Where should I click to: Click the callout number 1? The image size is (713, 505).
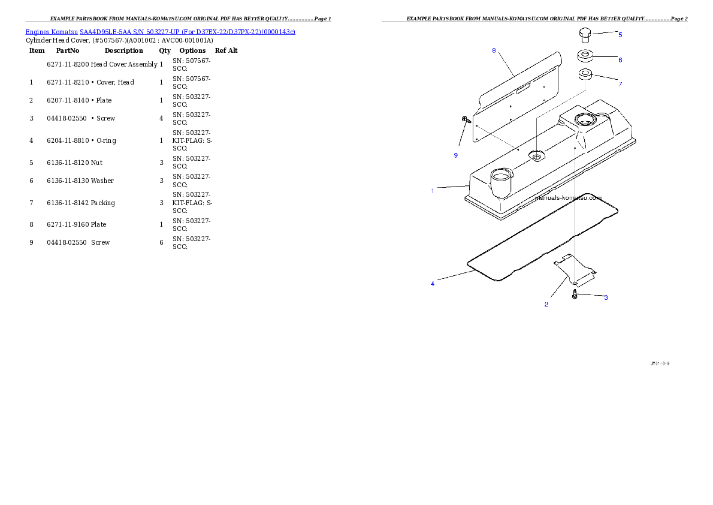point(433,191)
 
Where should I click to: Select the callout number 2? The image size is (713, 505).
point(546,304)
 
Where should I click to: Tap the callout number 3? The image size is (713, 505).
point(606,297)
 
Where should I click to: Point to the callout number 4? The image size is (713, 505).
point(433,284)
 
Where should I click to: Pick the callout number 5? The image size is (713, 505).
point(620,35)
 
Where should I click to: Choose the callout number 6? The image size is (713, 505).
point(620,60)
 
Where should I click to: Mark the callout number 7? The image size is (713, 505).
point(620,84)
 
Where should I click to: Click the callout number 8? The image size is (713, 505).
point(494,50)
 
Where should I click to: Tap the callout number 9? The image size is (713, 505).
point(455,155)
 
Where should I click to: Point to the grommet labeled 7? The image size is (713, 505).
point(585,76)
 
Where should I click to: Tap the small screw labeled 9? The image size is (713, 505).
point(465,121)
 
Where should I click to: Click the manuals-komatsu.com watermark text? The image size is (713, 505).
point(568,197)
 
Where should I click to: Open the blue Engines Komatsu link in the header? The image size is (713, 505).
point(160,31)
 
